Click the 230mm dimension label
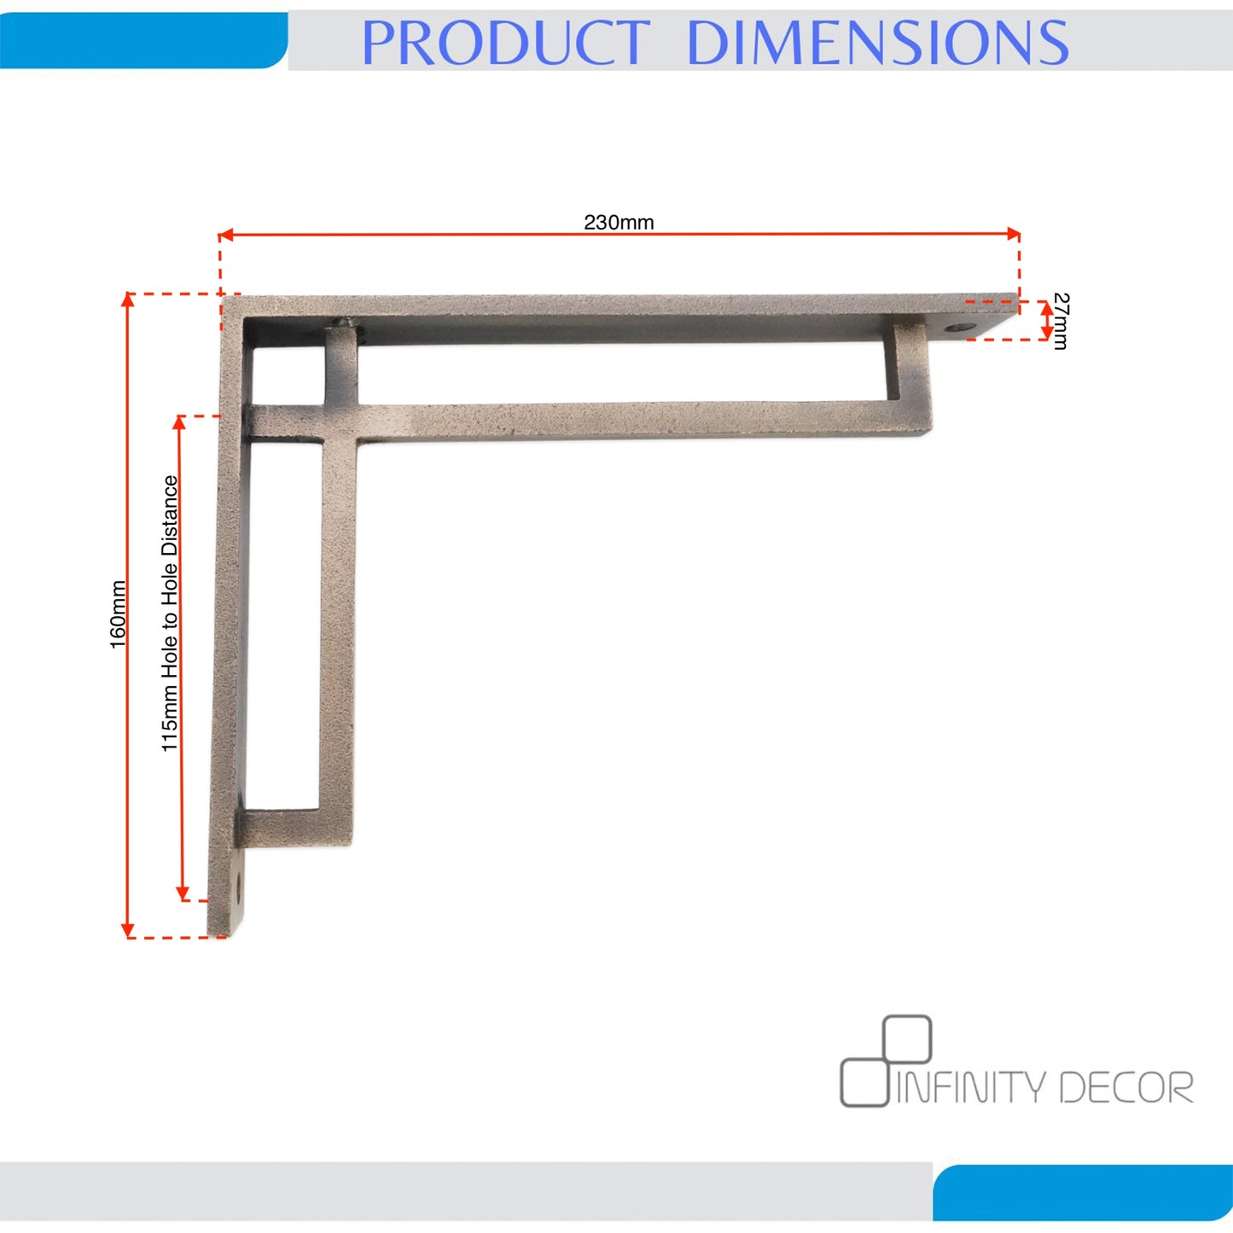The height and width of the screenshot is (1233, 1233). click(x=618, y=223)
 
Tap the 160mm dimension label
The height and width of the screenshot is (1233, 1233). click(x=119, y=614)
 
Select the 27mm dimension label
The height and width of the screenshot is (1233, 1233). click(x=1060, y=321)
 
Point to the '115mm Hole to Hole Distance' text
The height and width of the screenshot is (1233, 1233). click(x=170, y=614)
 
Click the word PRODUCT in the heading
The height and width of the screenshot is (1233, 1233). click(x=505, y=42)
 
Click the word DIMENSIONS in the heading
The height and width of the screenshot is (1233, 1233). click(x=877, y=42)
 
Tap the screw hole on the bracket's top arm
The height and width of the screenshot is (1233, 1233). click(x=957, y=329)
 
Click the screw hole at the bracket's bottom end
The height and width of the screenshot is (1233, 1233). click(x=239, y=887)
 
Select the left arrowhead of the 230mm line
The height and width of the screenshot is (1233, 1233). click(x=225, y=235)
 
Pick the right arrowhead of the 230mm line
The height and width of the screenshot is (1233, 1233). click(x=1013, y=234)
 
